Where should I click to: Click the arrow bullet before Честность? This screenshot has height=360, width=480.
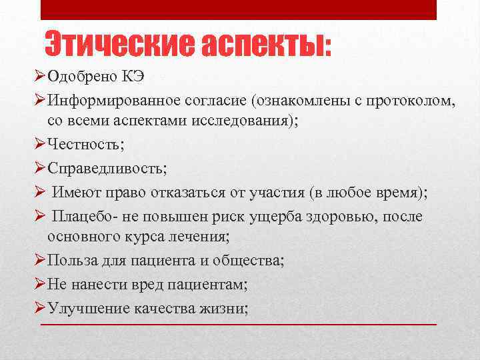point(39,145)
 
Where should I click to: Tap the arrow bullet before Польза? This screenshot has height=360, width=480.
point(39,260)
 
